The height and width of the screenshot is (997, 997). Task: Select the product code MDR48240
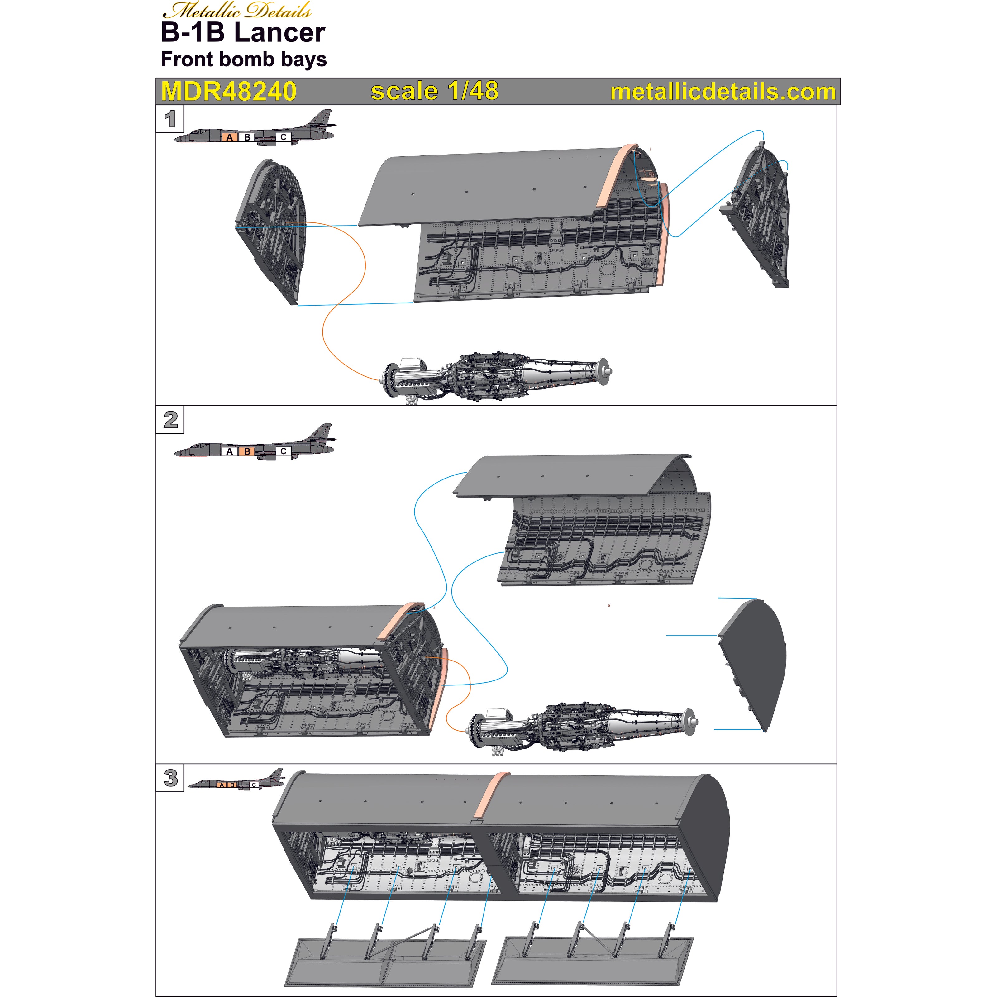pyautogui.click(x=229, y=91)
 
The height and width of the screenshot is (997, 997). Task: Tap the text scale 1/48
pyautogui.click(x=435, y=91)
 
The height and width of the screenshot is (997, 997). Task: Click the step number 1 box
pyautogui.click(x=170, y=119)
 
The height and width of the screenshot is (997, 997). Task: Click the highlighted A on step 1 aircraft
pyautogui.click(x=230, y=137)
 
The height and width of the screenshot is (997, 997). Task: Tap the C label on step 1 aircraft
pyautogui.click(x=283, y=137)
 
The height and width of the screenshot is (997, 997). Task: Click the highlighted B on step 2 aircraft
pyautogui.click(x=247, y=451)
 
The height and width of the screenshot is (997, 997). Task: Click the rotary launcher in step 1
pyautogui.click(x=495, y=377)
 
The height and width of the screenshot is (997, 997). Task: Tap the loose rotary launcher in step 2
pyautogui.click(x=580, y=727)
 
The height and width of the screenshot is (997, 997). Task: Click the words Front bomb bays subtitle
pyautogui.click(x=244, y=59)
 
